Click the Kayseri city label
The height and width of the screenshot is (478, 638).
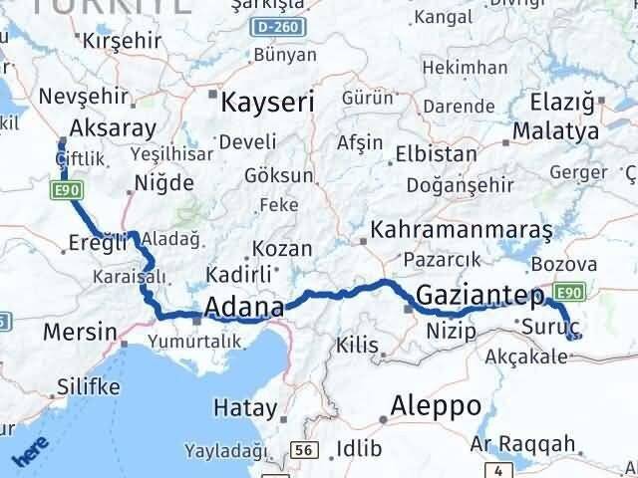click(267, 102)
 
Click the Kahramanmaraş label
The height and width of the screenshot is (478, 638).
click(461, 229)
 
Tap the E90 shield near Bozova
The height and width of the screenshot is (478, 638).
click(568, 292)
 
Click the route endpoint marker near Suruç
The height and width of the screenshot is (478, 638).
click(571, 337)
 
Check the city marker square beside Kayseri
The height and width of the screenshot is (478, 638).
click(212, 97)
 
